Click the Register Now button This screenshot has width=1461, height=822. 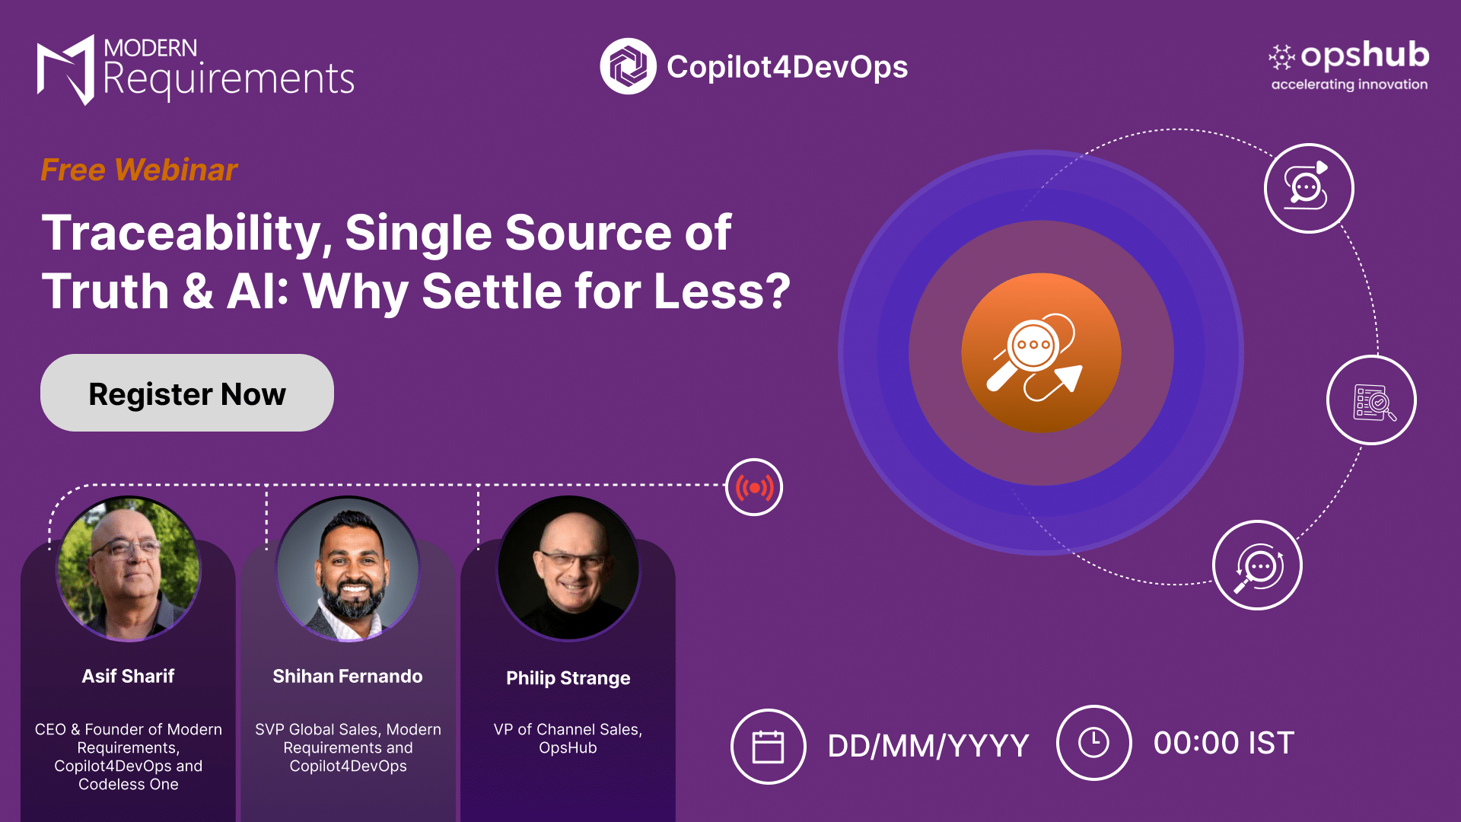tap(187, 393)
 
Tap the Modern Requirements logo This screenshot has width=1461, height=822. tap(196, 69)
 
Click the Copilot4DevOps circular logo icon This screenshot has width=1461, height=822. tap(628, 66)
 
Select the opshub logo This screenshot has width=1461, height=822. tap(1348, 65)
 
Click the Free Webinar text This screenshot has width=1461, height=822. tap(139, 170)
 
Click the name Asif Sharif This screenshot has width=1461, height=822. tap(129, 676)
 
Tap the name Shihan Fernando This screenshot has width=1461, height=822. tap(348, 676)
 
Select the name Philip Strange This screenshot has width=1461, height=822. tap(568, 678)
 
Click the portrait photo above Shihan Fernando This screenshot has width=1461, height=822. tap(348, 569)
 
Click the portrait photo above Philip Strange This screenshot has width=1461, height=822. tap(568, 569)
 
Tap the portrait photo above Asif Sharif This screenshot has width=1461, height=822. tap(129, 569)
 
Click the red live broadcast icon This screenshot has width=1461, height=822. tap(754, 487)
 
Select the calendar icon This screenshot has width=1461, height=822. tap(768, 746)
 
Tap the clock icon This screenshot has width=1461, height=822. tap(1093, 743)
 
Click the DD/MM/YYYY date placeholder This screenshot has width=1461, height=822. tap(928, 746)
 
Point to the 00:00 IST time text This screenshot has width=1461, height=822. tap(1224, 743)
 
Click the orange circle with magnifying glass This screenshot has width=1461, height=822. tap(1041, 353)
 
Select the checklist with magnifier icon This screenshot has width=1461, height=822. tap(1371, 400)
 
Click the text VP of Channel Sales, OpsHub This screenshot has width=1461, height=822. tap(568, 738)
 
